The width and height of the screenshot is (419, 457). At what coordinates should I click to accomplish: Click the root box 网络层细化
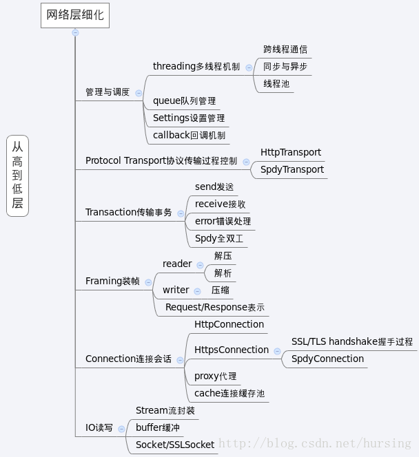[x=75, y=15]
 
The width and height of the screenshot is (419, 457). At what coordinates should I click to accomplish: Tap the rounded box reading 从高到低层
[x=17, y=176]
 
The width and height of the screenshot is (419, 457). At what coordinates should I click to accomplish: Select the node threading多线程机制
[x=196, y=67]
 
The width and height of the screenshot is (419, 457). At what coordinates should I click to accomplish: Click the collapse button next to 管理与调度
[x=139, y=93]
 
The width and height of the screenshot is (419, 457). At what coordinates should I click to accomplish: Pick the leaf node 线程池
[x=276, y=84]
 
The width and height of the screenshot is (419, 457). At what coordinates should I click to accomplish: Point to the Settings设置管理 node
[x=189, y=118]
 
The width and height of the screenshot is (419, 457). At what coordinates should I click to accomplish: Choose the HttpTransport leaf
[x=291, y=152]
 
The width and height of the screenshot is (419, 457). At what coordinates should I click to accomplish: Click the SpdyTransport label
[x=292, y=169]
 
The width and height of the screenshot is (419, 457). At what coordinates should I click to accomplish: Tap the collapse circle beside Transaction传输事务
[x=181, y=213]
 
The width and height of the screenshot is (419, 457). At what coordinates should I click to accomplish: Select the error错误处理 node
[x=223, y=221]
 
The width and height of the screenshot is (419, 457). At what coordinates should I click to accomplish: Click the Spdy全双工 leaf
[x=219, y=238]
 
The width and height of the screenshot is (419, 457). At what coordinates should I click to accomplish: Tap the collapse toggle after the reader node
[x=200, y=265]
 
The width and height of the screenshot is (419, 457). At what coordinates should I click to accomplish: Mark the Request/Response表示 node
[x=215, y=307]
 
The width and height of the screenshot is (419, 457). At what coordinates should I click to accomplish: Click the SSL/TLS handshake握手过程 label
[x=352, y=341]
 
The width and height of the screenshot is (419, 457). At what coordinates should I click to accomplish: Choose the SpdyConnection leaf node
[x=327, y=359]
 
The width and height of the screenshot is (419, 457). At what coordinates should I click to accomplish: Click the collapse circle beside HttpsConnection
[x=277, y=351]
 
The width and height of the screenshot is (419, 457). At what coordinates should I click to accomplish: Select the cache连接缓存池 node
[x=229, y=393]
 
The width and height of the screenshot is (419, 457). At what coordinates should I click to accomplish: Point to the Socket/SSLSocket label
[x=175, y=445]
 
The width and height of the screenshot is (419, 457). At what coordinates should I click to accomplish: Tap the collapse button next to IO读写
[x=121, y=429]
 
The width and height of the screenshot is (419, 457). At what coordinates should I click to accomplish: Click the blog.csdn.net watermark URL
[x=315, y=443]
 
